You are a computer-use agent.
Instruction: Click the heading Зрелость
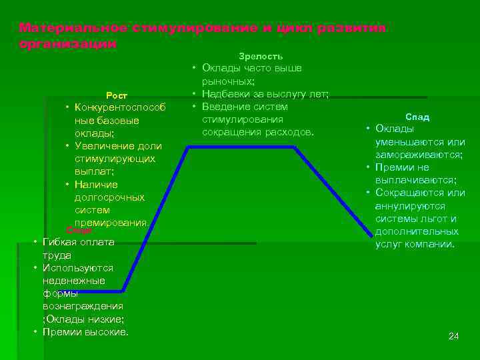260,57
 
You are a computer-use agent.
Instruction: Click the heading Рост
117,95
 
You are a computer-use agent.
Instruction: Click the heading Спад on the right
418,117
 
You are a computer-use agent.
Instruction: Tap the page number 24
453,336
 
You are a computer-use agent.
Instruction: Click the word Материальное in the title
73,28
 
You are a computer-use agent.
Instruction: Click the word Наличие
96,185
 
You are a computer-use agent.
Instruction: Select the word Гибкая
59,242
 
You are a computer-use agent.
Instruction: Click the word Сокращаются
407,193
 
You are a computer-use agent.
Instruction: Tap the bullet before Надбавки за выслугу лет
193,94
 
